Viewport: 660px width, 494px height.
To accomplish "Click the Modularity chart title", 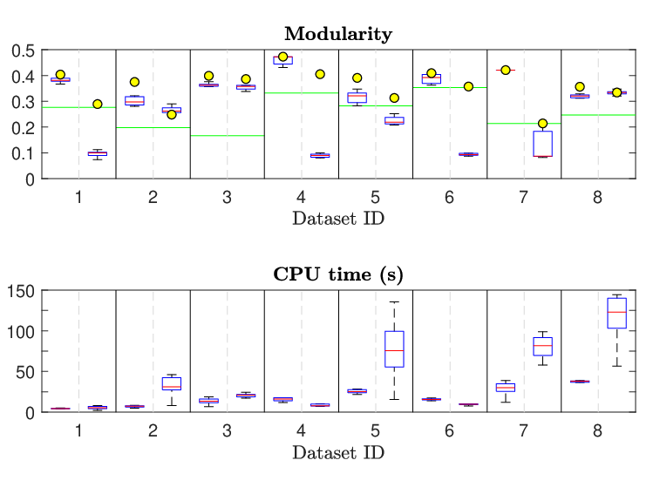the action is pyautogui.click(x=338, y=34).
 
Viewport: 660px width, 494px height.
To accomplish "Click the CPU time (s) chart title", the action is pyautogui.click(x=338, y=274).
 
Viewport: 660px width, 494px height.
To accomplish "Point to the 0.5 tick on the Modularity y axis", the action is pyautogui.click(x=24, y=51).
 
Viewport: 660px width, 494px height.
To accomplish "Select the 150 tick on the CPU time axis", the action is pyautogui.click(x=21, y=291).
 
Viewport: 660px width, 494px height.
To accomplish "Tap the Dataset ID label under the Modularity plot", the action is pyautogui.click(x=338, y=219).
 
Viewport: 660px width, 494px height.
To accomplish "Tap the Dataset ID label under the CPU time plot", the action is pyautogui.click(x=338, y=453).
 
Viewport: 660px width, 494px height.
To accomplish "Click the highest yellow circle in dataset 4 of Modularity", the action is pyautogui.click(x=282, y=57).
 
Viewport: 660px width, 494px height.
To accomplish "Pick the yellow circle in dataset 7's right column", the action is pyautogui.click(x=542, y=124).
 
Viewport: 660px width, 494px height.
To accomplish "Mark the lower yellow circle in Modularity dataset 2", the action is pyautogui.click(x=171, y=114).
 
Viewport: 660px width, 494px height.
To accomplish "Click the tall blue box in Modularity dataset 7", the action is pyautogui.click(x=542, y=144).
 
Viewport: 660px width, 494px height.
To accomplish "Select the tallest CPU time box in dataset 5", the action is pyautogui.click(x=394, y=349).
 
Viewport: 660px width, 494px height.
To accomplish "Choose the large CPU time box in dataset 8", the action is pyautogui.click(x=616, y=313).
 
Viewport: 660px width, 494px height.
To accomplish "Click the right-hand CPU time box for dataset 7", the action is pyautogui.click(x=542, y=346).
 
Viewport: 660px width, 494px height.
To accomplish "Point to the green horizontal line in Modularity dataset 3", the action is pyautogui.click(x=228, y=136).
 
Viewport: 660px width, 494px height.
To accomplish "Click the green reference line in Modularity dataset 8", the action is pyautogui.click(x=598, y=115).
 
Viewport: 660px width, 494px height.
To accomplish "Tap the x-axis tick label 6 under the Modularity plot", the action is pyautogui.click(x=449, y=197).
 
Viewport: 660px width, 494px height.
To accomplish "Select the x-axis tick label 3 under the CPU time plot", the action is pyautogui.click(x=227, y=431).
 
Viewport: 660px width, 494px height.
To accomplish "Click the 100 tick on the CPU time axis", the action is pyautogui.click(x=21, y=332).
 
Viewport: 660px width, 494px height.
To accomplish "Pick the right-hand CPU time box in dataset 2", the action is pyautogui.click(x=171, y=383).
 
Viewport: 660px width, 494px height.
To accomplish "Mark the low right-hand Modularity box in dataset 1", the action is pyautogui.click(x=98, y=153).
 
